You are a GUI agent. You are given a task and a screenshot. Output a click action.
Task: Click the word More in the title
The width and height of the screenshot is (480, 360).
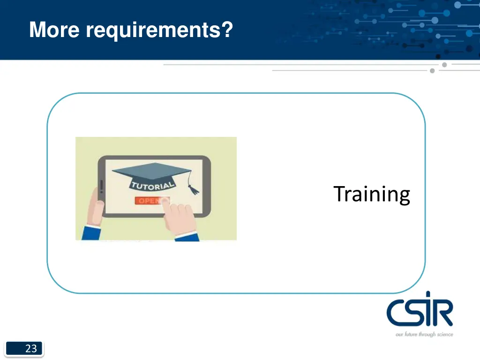pyautogui.click(x=55, y=30)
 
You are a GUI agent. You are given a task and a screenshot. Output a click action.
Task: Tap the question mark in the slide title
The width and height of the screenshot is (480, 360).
pyautogui.click(x=227, y=30)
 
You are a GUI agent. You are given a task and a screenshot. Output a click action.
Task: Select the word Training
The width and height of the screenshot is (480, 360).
pyautogui.click(x=372, y=194)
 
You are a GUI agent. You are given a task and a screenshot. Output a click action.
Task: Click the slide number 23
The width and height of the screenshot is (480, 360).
pyautogui.click(x=31, y=348)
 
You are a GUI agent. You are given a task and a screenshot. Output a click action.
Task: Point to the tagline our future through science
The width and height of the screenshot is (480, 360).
pyautogui.click(x=424, y=334)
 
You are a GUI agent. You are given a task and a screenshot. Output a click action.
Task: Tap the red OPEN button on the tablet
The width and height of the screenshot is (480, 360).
pyautogui.click(x=149, y=201)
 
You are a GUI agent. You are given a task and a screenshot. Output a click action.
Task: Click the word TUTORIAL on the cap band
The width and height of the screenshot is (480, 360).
pyautogui.click(x=152, y=185)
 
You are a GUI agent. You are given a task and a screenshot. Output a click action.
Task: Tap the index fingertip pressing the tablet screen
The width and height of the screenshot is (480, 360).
pyautogui.click(x=165, y=200)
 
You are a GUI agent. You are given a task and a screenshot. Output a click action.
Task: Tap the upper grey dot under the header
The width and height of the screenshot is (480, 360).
pyautogui.click(x=444, y=65)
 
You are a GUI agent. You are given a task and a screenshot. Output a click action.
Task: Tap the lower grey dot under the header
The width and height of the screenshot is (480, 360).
pyautogui.click(x=432, y=71)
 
